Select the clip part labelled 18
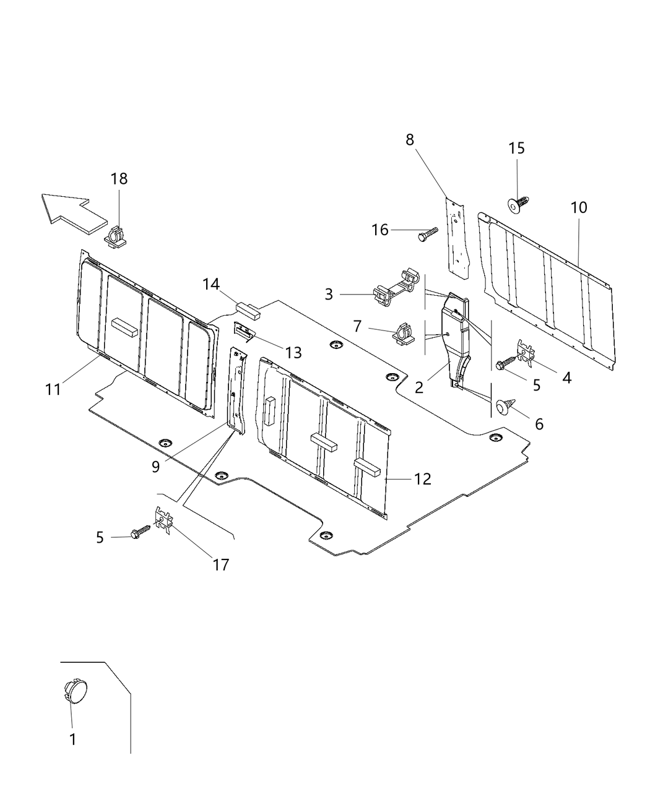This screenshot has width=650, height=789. point(116,237)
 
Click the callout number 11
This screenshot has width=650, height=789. point(53,389)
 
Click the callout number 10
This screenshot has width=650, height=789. point(579,207)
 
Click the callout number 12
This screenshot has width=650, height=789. point(423,478)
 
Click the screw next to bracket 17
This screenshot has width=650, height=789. point(141,532)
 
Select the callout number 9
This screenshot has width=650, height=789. point(155,466)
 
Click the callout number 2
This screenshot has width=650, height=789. point(419,387)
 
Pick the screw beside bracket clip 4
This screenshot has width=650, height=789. point(505,363)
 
